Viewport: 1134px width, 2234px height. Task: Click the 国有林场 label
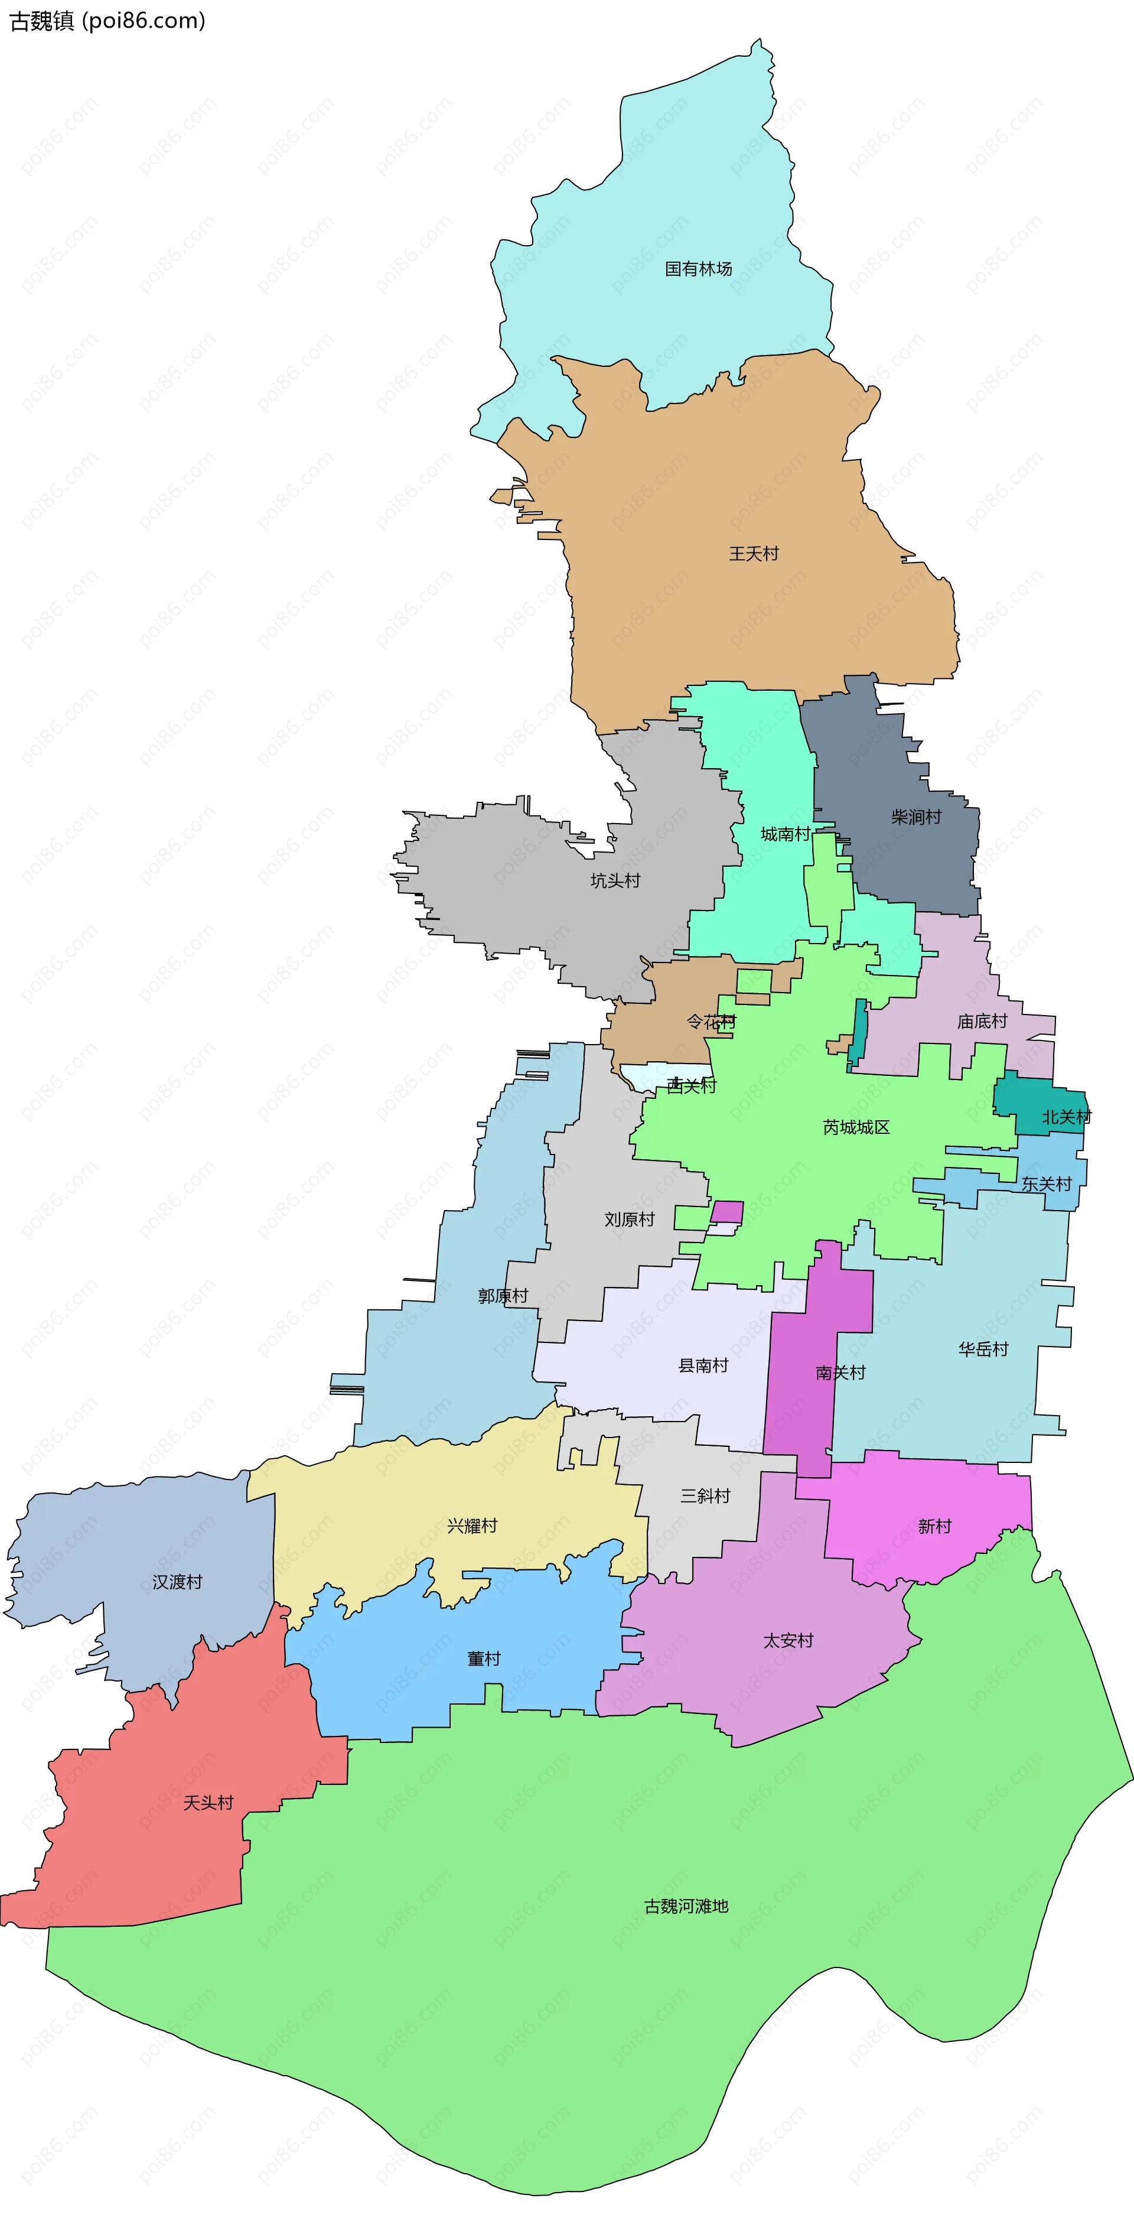pyautogui.click(x=698, y=269)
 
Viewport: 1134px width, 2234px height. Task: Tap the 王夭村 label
pyautogui.click(x=754, y=553)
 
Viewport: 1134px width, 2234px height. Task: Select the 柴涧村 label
pyautogui.click(x=915, y=817)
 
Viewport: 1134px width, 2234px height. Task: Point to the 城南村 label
pyautogui.click(x=784, y=834)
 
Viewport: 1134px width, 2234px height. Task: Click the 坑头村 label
pyautogui.click(x=615, y=881)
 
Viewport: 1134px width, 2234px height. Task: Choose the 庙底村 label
pyautogui.click(x=982, y=1022)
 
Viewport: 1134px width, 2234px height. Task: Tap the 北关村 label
pyautogui.click(x=1065, y=1117)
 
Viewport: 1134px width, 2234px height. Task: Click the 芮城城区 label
pyautogui.click(x=856, y=1127)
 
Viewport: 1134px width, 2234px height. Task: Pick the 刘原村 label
pyautogui.click(x=628, y=1220)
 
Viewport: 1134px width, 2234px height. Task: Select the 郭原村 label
pyautogui.click(x=503, y=1296)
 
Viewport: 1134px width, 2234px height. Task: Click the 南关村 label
pyautogui.click(x=840, y=1373)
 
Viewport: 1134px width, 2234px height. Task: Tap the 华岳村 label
pyautogui.click(x=983, y=1349)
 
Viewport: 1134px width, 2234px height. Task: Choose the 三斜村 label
pyautogui.click(x=705, y=1496)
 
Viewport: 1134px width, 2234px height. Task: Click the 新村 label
pyautogui.click(x=934, y=1526)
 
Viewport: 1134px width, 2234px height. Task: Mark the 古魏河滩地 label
pyautogui.click(x=686, y=1906)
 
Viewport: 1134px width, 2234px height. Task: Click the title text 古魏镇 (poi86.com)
pyautogui.click(x=107, y=21)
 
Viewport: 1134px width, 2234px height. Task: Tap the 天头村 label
pyautogui.click(x=208, y=1803)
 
